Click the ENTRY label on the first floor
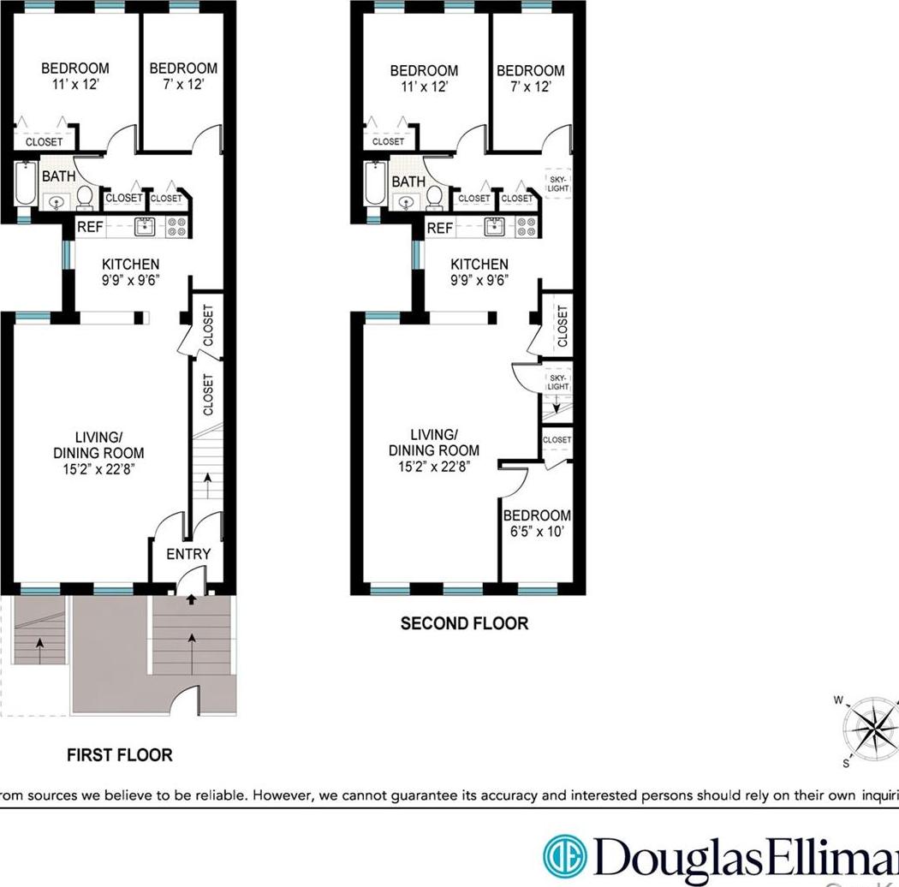click(188, 554)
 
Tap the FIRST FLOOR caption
click(120, 755)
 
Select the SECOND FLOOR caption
click(464, 623)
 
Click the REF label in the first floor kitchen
click(90, 227)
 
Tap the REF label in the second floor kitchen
click(439, 228)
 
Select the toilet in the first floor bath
click(85, 198)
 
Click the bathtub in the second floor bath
click(373, 184)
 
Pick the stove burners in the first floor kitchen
click(177, 227)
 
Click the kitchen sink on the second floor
click(494, 227)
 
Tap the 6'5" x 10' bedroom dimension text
click(537, 531)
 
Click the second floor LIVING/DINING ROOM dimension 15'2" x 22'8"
click(433, 467)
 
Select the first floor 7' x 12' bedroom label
click(182, 85)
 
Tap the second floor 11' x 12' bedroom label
click(423, 86)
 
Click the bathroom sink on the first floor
click(57, 203)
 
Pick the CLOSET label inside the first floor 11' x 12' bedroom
click(44, 141)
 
